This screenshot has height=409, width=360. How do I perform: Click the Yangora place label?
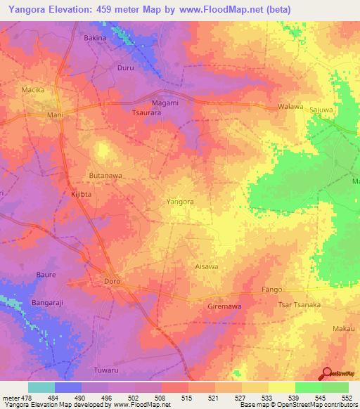point(179,202)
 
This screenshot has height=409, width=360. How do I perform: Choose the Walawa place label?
point(290,107)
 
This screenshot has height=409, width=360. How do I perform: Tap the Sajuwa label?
point(321,110)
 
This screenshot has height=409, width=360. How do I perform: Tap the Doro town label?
point(112,281)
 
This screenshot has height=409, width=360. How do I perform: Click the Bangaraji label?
point(49,304)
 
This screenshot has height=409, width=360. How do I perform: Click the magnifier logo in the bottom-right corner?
point(327,373)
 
